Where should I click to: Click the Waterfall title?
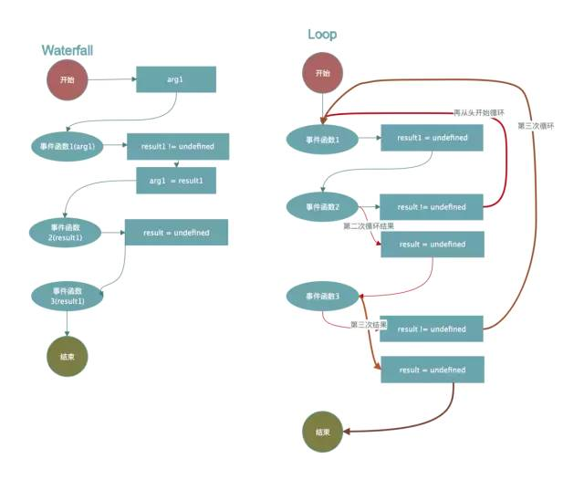tap(68, 50)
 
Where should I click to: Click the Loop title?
tap(322, 35)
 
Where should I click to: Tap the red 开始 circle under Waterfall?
tap(68, 80)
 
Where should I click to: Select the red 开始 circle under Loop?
tap(322, 74)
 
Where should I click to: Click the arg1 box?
tap(175, 79)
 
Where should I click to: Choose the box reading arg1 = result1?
tap(176, 181)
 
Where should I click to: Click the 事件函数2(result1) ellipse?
tap(65, 232)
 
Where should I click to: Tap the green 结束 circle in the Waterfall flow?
tap(68, 359)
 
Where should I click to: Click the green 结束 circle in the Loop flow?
tap(322, 432)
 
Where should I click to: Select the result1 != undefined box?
tap(177, 146)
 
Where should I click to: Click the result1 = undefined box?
tap(432, 138)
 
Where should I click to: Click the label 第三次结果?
tap(369, 324)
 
